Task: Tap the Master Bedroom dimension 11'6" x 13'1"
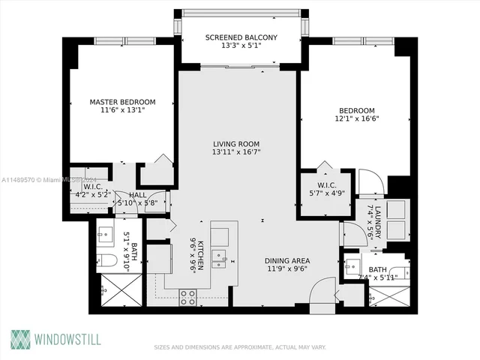(x=122, y=110)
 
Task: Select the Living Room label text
(x=236, y=144)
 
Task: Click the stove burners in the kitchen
(x=187, y=296)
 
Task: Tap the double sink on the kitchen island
(x=220, y=260)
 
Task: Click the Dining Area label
(x=287, y=261)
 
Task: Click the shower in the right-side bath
(x=389, y=295)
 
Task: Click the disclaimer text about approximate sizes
(x=239, y=347)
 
